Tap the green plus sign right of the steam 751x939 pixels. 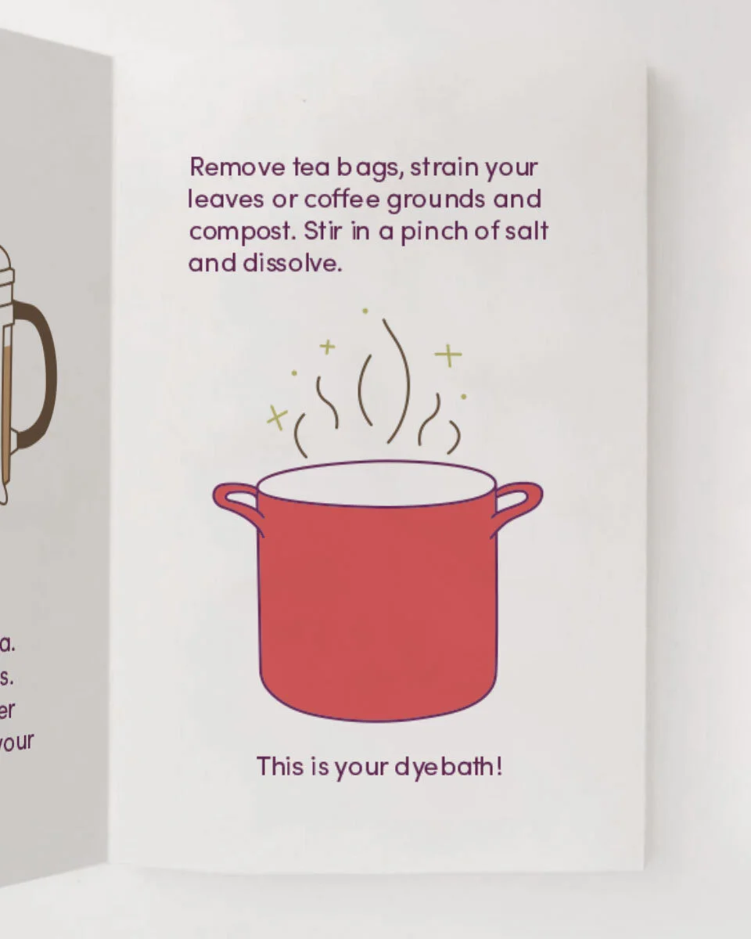(448, 356)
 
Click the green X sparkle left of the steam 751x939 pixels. (276, 418)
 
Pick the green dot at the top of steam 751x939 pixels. (365, 311)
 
